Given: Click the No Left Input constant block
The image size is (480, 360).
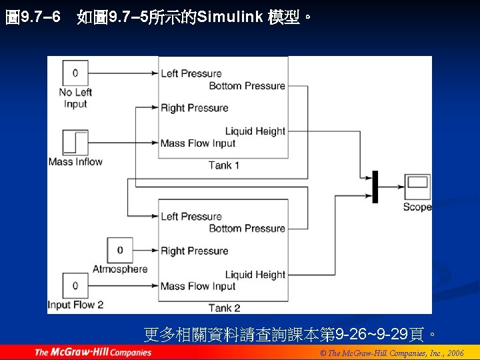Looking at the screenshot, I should pyautogui.click(x=75, y=73).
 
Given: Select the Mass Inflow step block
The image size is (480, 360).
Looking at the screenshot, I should pyautogui.click(x=75, y=143).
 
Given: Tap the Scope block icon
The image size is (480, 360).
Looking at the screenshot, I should pyautogui.click(x=417, y=186).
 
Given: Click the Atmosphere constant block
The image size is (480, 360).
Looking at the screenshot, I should pyautogui.click(x=120, y=250).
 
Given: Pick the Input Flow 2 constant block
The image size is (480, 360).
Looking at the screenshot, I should pyautogui.click(x=75, y=286).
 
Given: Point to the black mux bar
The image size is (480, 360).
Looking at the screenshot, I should pyautogui.click(x=375, y=187).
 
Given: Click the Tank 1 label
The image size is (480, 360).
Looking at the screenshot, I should pyautogui.click(x=223, y=165).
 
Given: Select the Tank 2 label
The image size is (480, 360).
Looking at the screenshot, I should pyautogui.click(x=223, y=308).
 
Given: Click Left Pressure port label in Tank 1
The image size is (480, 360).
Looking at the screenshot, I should pyautogui.click(x=191, y=73).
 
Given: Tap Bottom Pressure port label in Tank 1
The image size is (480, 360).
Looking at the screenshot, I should pyautogui.click(x=247, y=86).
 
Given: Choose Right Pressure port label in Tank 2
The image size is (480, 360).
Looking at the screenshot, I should pyautogui.click(x=194, y=251).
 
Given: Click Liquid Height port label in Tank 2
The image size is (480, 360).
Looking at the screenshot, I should pyautogui.click(x=255, y=275).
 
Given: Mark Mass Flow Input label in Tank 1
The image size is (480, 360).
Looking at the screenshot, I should pyautogui.click(x=198, y=143).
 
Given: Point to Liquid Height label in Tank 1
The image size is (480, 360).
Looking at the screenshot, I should pyautogui.click(x=255, y=131).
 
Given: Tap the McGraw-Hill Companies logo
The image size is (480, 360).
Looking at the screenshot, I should pyautogui.click(x=93, y=352).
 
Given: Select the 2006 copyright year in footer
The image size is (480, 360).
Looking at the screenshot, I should pyautogui.click(x=455, y=353).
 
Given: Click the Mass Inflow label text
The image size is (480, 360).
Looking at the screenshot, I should pyautogui.click(x=75, y=162).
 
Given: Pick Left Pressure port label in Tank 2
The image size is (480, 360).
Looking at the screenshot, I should pyautogui.click(x=191, y=216).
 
